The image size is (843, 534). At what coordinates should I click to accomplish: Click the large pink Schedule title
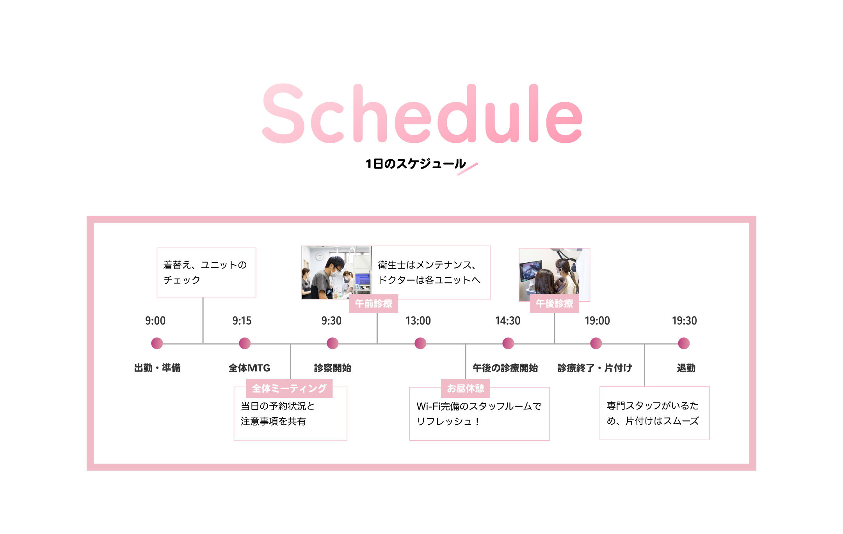[422, 114]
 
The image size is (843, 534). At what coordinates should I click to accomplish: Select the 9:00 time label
[155, 321]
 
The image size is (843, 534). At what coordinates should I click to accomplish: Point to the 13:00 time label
[418, 321]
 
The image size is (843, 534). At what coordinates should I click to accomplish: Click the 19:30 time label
[684, 321]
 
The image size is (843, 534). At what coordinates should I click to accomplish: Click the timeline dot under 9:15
[245, 344]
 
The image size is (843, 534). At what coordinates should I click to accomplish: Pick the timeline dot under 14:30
[508, 344]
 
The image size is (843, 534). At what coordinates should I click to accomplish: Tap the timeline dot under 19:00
[596, 344]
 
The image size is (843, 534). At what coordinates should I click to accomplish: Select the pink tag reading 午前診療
[373, 304]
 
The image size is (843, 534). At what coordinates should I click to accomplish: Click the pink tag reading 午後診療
[554, 304]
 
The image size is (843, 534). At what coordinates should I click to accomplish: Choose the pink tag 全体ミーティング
[289, 388]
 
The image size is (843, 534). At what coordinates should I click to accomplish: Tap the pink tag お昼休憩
[466, 388]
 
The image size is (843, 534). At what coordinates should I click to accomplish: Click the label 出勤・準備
[157, 368]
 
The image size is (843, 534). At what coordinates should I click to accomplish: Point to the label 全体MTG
[249, 368]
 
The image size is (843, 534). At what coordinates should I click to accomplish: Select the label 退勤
[686, 368]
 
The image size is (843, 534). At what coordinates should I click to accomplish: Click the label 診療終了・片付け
[595, 368]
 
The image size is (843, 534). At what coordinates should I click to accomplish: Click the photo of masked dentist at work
[336, 272]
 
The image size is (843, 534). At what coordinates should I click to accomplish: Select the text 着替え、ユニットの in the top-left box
[205, 265]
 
